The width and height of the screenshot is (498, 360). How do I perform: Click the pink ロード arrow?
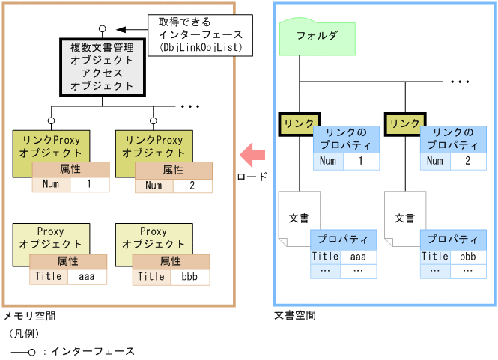(252, 155)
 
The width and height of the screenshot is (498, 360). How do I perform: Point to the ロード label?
(252, 177)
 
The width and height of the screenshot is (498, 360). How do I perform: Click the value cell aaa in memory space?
(87, 276)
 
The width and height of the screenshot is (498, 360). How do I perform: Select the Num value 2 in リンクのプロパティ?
(467, 161)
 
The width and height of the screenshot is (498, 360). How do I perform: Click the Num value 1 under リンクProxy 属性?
(89, 184)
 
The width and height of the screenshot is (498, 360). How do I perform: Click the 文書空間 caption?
(294, 315)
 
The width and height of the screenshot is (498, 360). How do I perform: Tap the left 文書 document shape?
(298, 219)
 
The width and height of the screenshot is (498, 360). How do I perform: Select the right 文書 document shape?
(404, 219)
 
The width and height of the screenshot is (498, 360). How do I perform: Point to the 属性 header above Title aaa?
(68, 261)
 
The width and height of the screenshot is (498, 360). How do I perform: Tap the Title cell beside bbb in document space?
(435, 257)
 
